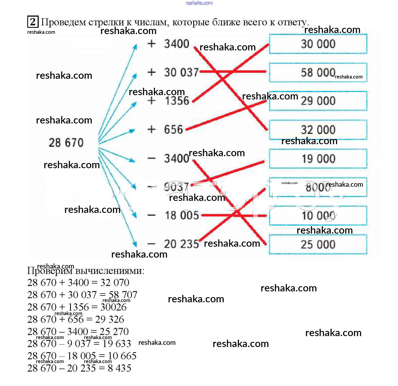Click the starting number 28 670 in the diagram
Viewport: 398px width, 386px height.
click(66, 143)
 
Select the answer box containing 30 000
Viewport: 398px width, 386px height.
click(318, 44)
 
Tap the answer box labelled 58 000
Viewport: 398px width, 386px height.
click(318, 73)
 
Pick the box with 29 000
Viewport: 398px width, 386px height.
click(318, 101)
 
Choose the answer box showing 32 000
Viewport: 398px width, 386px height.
click(318, 130)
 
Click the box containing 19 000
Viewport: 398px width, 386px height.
click(318, 159)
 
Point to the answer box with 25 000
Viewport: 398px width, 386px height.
click(318, 245)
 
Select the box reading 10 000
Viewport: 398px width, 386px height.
click(318, 216)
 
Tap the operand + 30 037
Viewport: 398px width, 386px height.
click(173, 73)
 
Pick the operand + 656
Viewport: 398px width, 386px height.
click(165, 129)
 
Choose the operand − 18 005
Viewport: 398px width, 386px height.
click(173, 215)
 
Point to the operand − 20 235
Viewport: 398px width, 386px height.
click(173, 244)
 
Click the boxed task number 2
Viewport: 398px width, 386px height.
click(33, 22)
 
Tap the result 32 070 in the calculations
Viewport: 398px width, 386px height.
click(115, 283)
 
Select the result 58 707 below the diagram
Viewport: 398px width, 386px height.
click(123, 295)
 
